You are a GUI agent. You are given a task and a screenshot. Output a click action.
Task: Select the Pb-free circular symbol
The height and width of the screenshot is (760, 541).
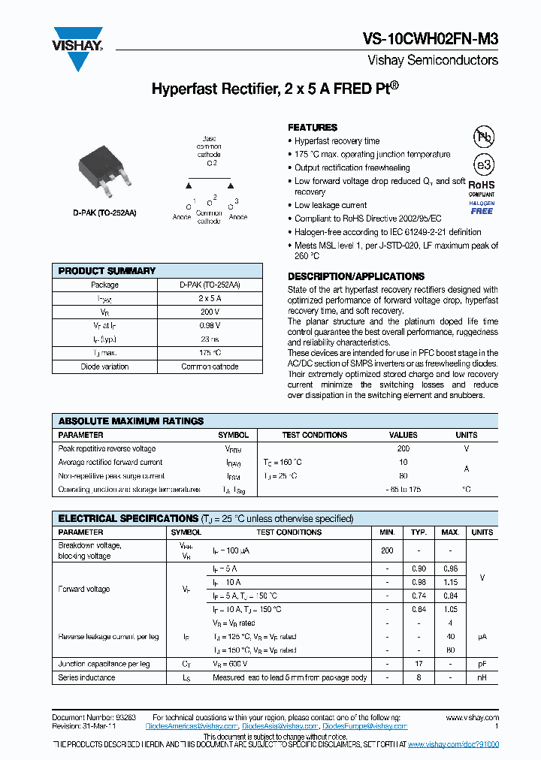[x=483, y=137]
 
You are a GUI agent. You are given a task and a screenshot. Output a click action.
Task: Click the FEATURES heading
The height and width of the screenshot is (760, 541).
[x=313, y=128]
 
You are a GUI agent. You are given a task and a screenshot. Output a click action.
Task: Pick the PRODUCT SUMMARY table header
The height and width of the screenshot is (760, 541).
[x=107, y=271]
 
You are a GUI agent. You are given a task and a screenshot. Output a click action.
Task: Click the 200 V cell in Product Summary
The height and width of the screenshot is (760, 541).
[x=210, y=312]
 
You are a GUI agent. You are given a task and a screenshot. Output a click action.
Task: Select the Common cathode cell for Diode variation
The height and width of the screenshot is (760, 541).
[x=210, y=366]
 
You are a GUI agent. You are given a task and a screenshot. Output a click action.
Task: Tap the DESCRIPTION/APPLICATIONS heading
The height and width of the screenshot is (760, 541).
[x=356, y=276]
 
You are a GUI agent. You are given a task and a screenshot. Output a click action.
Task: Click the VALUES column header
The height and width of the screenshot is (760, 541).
[x=403, y=435]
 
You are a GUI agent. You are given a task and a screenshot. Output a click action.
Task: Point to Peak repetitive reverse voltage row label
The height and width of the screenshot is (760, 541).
[x=107, y=448]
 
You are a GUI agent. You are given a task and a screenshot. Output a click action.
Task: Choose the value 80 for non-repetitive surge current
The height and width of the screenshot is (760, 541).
[x=403, y=475]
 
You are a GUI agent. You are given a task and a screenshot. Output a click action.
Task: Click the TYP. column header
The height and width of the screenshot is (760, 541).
[x=419, y=532]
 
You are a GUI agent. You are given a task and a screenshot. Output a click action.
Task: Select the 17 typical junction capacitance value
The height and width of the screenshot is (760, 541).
[x=419, y=664]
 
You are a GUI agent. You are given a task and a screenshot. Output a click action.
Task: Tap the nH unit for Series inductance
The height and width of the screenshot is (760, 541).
[x=482, y=677]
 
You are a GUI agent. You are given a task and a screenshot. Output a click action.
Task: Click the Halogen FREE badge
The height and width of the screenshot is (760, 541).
[x=482, y=207]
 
